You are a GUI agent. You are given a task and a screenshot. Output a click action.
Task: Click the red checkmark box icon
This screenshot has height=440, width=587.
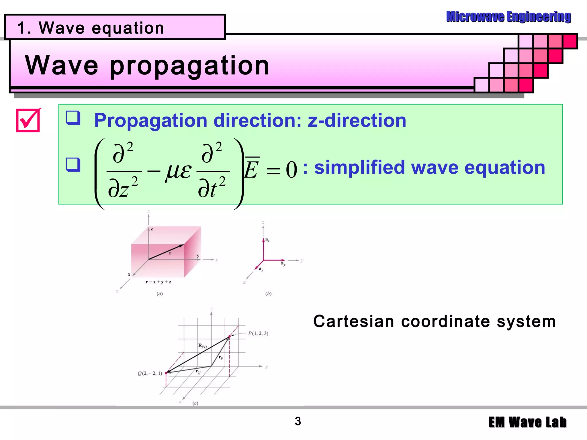pyautogui.click(x=28, y=120)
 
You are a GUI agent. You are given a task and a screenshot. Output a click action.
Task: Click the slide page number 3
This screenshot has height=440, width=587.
pyautogui.click(x=298, y=421)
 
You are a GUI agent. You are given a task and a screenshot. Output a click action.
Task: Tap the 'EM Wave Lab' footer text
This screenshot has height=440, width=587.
pyautogui.click(x=527, y=423)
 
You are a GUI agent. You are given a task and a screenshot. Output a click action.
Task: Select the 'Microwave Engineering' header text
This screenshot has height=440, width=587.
pyautogui.click(x=508, y=17)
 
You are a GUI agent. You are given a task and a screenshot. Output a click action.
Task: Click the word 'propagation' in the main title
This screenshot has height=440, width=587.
pyautogui.click(x=189, y=66)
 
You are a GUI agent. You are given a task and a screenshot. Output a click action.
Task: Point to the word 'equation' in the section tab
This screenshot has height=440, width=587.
pyautogui.click(x=128, y=28)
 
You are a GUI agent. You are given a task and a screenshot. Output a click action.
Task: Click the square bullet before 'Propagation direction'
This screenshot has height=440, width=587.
pyautogui.click(x=73, y=118)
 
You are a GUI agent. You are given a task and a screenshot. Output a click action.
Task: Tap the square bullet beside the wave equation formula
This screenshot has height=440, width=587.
pyautogui.click(x=73, y=164)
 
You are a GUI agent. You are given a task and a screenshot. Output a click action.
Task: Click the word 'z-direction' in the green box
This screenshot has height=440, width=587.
pyautogui.click(x=357, y=120)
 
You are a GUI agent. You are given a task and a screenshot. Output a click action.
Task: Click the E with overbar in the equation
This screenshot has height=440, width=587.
pyautogui.click(x=252, y=169)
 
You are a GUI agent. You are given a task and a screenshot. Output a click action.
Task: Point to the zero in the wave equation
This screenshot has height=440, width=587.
pyautogui.click(x=291, y=170)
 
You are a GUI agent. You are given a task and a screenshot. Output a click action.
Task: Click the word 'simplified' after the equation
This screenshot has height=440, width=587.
pyautogui.click(x=359, y=167)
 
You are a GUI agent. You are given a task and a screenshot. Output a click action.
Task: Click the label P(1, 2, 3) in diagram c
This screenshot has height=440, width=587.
pyautogui.click(x=258, y=333)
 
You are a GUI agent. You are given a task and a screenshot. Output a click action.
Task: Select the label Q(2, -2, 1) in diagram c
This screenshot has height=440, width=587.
pyautogui.click(x=150, y=374)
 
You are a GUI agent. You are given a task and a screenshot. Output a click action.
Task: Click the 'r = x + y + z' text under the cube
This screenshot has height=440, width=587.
pyautogui.click(x=159, y=282)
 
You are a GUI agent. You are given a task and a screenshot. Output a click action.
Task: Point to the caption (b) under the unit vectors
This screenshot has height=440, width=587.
pyautogui.click(x=268, y=294)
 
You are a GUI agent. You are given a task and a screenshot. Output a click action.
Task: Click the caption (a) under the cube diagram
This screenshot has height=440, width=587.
pyautogui.click(x=160, y=294)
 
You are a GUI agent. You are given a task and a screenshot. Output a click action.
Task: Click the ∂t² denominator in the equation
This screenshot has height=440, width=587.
pyautogui.click(x=212, y=189)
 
